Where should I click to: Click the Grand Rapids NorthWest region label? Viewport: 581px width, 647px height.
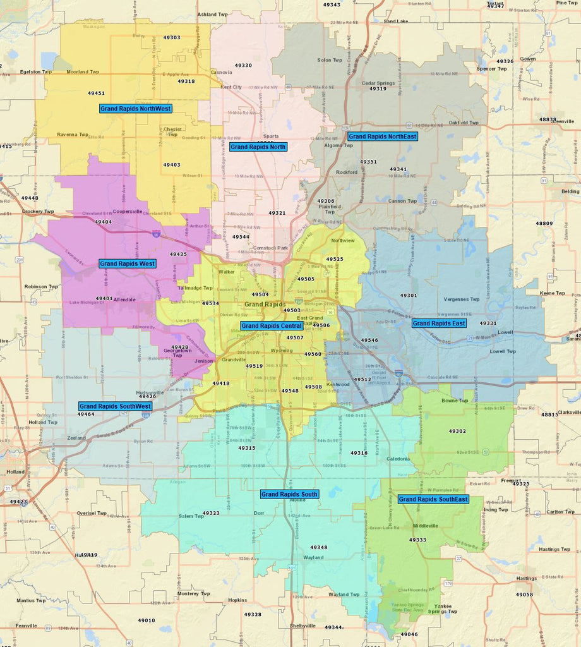[136, 109]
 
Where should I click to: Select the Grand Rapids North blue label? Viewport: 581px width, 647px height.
[258, 147]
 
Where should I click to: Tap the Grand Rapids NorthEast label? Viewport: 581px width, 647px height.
[382, 136]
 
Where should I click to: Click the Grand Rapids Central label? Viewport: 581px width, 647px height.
[272, 326]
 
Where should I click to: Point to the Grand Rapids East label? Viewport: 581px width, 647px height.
[439, 323]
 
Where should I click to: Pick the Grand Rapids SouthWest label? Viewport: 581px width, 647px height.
[115, 406]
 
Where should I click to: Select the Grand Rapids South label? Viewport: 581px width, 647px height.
[289, 494]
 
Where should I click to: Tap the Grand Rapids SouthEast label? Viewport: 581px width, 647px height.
[433, 499]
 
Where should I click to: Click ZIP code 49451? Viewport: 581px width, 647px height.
[96, 93]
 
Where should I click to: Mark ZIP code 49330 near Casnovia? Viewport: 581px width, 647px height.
[243, 65]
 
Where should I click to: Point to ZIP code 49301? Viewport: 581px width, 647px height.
[408, 295]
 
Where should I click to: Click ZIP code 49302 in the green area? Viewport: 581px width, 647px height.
[457, 431]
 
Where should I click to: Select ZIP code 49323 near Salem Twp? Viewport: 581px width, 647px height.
[211, 513]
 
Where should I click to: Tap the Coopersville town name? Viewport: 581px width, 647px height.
[128, 212]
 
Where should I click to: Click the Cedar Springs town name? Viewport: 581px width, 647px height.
[377, 83]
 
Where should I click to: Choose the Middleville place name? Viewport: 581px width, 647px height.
[425, 526]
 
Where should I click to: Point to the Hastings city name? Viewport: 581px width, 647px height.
[526, 578]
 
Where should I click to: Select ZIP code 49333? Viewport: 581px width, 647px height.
[417, 540]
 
